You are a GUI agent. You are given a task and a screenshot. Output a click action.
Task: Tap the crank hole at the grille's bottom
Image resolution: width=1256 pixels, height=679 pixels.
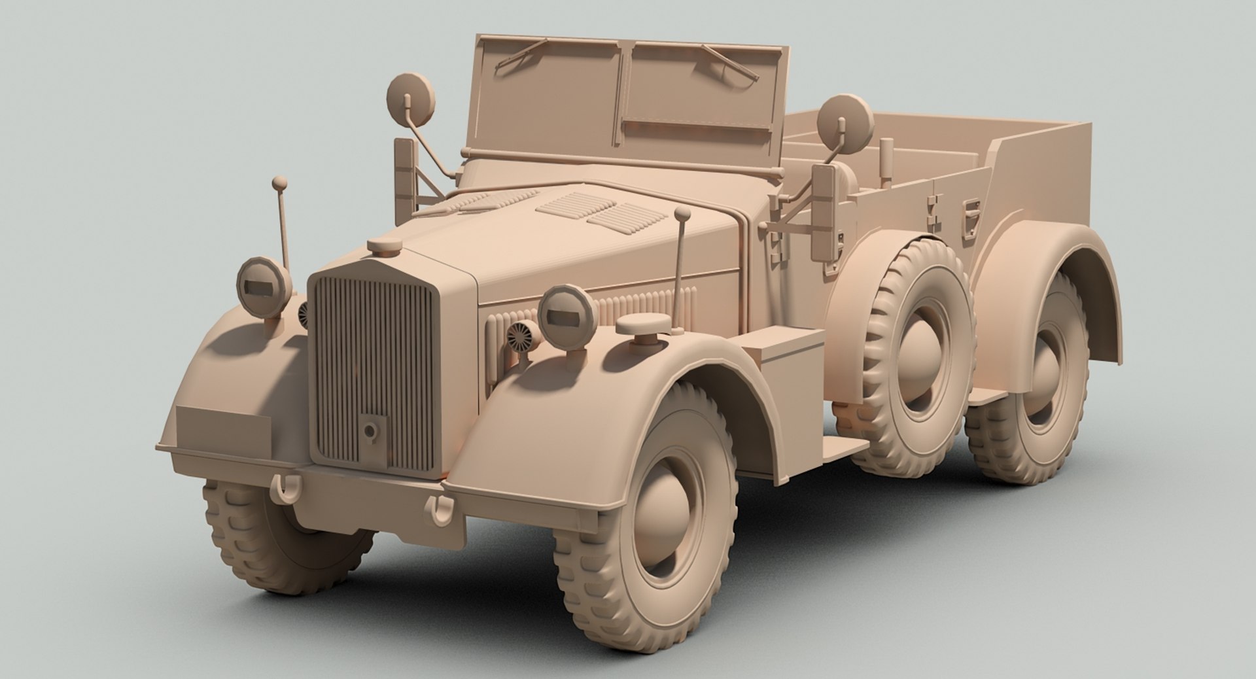pyautogui.click(x=371, y=430)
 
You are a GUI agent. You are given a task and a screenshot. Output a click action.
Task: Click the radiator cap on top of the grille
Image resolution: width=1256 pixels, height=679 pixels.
pyautogui.click(x=385, y=247)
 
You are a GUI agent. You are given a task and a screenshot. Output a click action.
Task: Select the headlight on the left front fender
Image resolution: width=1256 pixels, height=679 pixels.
pyautogui.click(x=260, y=286)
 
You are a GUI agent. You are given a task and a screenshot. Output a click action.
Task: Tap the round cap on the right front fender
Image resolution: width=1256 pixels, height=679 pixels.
pyautogui.click(x=644, y=325)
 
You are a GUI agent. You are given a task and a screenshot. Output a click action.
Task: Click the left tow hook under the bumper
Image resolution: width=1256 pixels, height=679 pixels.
pyautogui.click(x=286, y=486)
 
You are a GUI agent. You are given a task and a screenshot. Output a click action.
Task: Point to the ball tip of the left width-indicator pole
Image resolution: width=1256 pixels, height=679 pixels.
pyautogui.click(x=279, y=181)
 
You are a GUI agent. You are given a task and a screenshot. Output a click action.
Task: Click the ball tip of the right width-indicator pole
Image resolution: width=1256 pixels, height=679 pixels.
pyautogui.click(x=682, y=214)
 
